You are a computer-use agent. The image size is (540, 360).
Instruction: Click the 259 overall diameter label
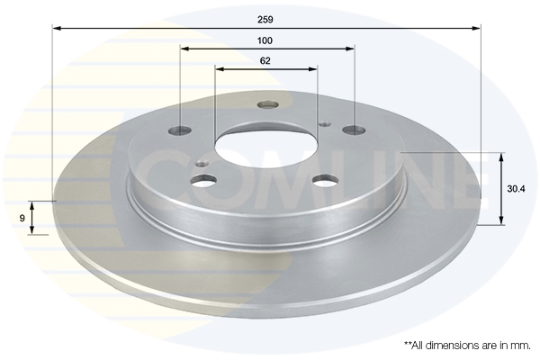[265, 20]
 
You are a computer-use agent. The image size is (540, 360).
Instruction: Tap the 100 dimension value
[265, 40]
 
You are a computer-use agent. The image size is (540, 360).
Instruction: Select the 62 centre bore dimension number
[265, 61]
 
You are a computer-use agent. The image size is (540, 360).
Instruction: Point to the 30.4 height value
[516, 189]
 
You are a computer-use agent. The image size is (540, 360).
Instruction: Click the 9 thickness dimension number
[22, 218]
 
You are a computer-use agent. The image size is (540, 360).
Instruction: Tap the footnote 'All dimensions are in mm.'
[467, 346]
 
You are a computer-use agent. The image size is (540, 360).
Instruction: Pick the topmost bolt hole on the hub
[267, 104]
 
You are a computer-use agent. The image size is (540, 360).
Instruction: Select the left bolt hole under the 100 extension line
[181, 130]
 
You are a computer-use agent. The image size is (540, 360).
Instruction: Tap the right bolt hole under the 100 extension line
[354, 130]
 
